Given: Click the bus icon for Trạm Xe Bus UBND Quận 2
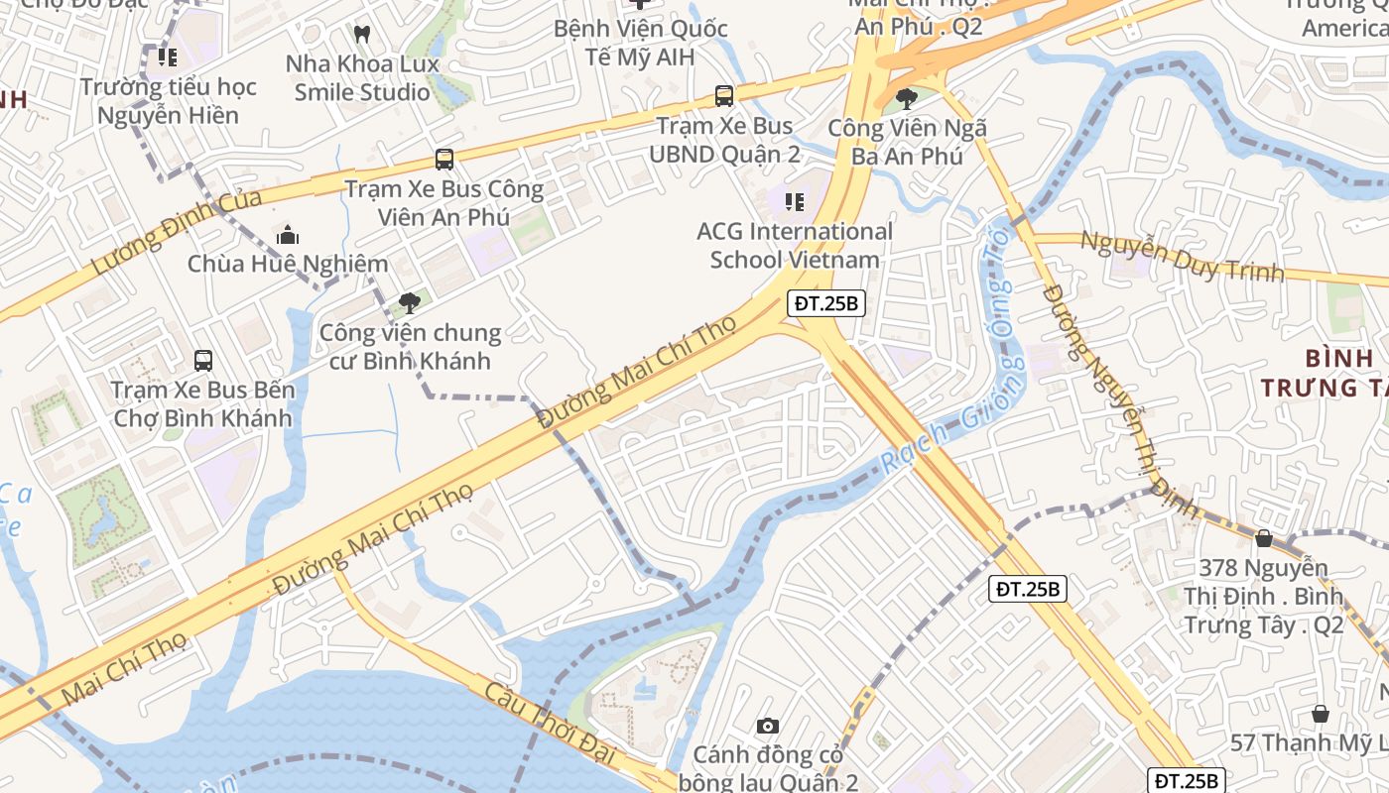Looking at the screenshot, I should (x=724, y=96).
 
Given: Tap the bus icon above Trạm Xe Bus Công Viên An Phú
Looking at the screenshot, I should (x=443, y=159).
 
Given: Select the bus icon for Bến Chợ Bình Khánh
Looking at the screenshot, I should (x=203, y=360).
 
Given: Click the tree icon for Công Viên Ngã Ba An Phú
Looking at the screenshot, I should (x=906, y=98).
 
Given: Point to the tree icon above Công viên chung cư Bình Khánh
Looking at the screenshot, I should (x=409, y=303).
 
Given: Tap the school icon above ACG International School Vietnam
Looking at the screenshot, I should (x=794, y=202).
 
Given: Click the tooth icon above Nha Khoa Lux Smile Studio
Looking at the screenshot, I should (x=362, y=34).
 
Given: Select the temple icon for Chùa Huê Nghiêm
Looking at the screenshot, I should (x=288, y=235).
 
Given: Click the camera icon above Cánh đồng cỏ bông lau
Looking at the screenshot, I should (x=767, y=727).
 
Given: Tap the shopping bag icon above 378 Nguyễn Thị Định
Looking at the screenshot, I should (x=1264, y=538).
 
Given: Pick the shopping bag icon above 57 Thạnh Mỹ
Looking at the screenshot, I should (x=1321, y=714).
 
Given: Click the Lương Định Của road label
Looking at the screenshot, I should (x=177, y=232).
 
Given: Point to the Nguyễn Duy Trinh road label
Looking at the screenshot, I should (x=1182, y=257).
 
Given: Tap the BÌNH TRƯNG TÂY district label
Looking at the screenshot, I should (x=1326, y=373).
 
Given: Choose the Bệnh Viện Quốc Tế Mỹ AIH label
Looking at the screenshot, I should (x=640, y=43).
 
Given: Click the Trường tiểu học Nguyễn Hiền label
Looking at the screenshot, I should (x=168, y=101).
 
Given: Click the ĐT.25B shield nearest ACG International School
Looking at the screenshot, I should (x=826, y=303).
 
